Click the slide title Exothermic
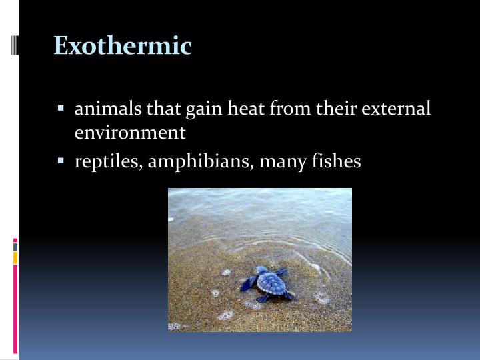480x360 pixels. click(x=123, y=46)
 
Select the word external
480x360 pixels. click(x=396, y=109)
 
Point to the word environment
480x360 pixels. click(x=130, y=133)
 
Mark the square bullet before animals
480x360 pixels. click(x=61, y=107)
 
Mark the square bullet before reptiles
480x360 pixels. click(x=61, y=161)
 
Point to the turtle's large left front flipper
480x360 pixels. click(x=250, y=283)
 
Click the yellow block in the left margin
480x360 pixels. click(x=15, y=257)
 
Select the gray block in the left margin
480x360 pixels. click(x=15, y=247)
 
